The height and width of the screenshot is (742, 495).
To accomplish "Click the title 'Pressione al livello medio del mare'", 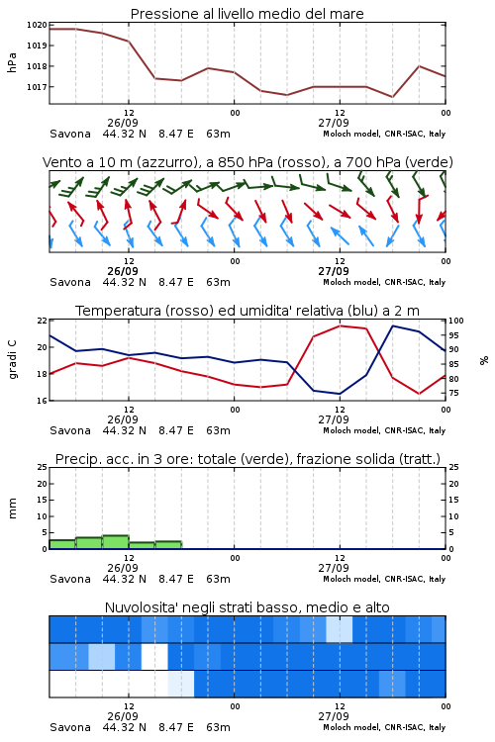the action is [x=247, y=14].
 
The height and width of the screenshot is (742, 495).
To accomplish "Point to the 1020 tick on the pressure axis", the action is [x=37, y=25].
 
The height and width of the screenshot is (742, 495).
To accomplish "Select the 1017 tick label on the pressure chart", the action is [x=37, y=87].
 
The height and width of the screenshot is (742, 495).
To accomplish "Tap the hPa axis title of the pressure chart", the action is [x=12, y=62].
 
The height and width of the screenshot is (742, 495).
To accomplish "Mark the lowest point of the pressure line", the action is [x=392, y=97].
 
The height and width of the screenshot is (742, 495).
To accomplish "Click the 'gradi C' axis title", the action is [x=12, y=360].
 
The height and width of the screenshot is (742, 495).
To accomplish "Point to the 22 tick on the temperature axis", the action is [x=43, y=321].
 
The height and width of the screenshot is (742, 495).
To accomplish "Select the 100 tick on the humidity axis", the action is [x=456, y=321].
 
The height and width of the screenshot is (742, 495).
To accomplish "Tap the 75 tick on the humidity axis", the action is [x=453, y=393].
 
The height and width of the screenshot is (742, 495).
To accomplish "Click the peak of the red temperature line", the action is [x=340, y=325].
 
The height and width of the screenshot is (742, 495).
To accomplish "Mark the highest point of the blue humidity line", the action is [x=392, y=325].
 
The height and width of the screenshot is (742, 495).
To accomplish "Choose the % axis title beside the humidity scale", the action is [x=484, y=360].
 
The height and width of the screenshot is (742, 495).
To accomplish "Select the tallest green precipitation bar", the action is [x=116, y=542].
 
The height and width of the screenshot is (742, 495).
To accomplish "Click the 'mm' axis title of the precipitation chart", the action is [x=12, y=509].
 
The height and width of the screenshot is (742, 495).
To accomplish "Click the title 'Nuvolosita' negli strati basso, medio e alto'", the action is [x=247, y=607].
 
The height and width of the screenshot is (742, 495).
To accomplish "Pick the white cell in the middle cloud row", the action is [x=154, y=656].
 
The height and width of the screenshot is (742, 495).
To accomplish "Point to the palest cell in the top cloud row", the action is [x=340, y=629].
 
